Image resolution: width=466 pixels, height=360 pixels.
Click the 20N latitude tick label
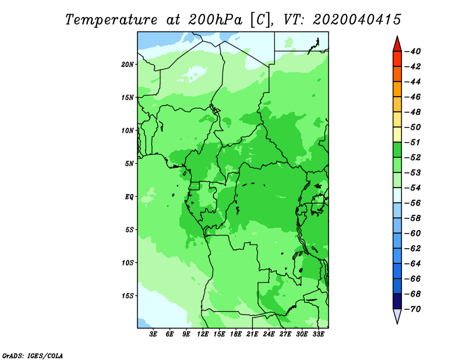coord(128,65)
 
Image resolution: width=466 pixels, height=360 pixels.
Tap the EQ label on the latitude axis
coord(129,197)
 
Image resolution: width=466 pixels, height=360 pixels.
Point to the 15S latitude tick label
coord(128,296)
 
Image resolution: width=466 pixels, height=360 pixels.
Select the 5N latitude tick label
coord(129,164)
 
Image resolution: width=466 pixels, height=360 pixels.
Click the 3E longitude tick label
coord(153,334)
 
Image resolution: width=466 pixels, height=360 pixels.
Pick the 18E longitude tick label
coord(236,334)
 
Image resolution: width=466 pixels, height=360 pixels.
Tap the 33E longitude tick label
coord(318,334)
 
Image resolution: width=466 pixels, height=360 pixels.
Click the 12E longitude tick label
coord(203,334)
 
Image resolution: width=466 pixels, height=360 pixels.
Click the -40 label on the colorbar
coord(413,51)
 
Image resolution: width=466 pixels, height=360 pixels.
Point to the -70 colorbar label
coord(413,309)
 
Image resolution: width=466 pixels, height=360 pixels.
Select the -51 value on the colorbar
coord(413,142)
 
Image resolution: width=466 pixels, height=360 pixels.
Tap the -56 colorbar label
coord(413,203)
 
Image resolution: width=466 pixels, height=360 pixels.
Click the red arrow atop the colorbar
coord(397,45)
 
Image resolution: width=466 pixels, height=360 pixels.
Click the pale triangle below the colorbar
coord(397,316)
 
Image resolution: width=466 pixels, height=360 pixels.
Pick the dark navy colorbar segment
coord(397,301)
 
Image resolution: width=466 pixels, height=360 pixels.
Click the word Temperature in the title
coord(111,20)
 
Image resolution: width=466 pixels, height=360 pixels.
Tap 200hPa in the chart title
coord(215,20)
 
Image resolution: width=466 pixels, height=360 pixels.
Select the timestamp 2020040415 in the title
coord(357,20)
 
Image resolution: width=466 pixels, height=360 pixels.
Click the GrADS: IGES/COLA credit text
coord(33,355)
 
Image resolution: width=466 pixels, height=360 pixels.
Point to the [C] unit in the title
coord(260,20)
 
